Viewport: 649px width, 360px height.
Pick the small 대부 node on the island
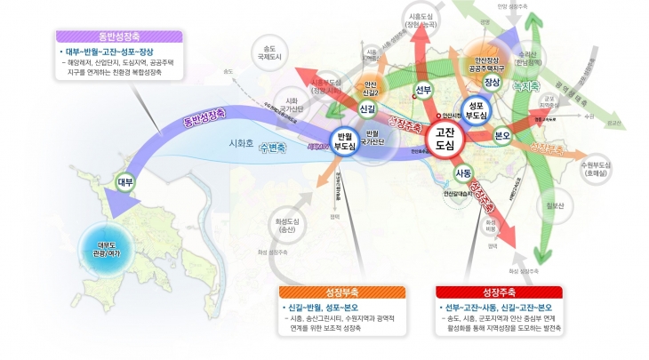pos(126,182)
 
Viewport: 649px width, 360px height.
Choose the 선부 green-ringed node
pos(423,89)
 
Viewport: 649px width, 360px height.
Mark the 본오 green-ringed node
pos(501,134)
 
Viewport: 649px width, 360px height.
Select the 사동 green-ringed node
pos(462,172)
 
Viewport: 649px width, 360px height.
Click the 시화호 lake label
pos(242,142)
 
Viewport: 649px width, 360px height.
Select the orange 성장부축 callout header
pos(341,292)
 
